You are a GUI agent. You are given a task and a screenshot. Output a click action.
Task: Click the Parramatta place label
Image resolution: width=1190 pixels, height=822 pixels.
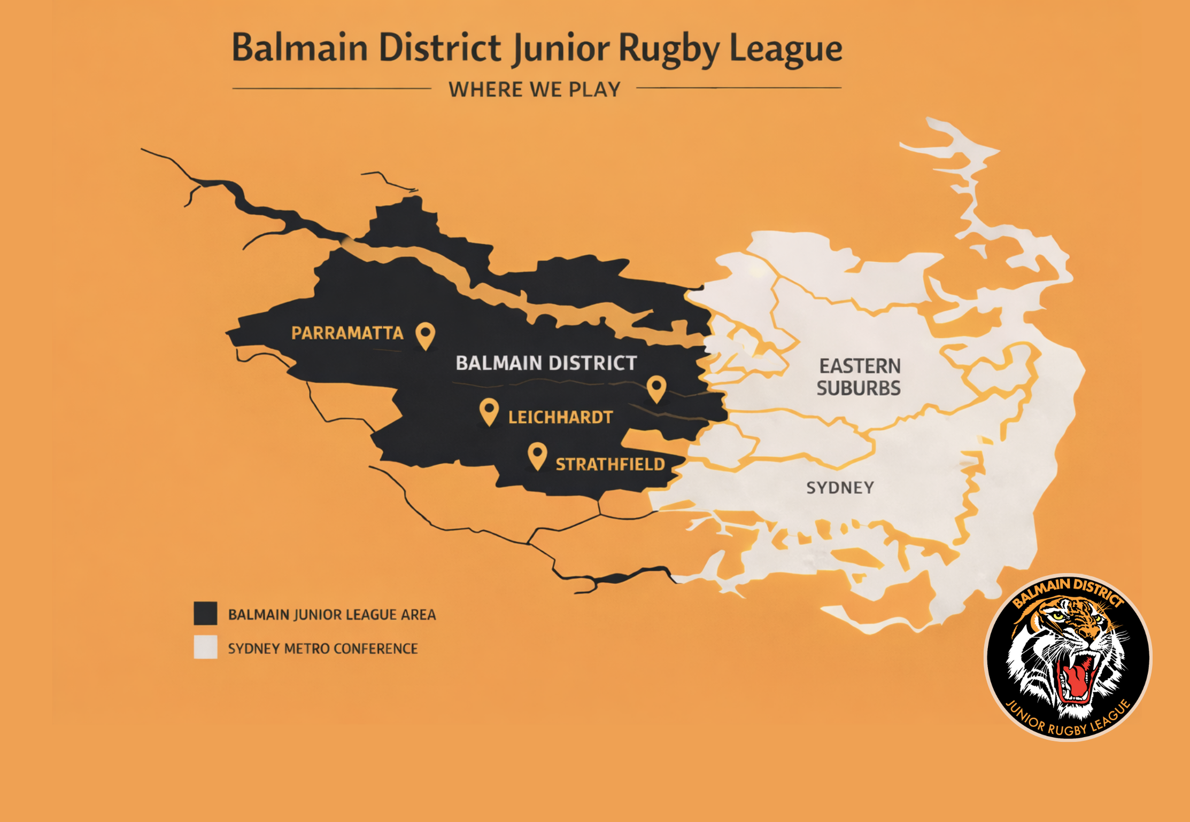[347, 333]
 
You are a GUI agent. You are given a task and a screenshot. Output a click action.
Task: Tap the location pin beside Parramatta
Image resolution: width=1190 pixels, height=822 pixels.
[426, 334]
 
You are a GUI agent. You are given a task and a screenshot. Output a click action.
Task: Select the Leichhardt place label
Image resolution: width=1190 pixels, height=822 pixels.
[560, 417]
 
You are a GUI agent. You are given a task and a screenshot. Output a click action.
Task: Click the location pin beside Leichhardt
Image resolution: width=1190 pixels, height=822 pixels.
[489, 411]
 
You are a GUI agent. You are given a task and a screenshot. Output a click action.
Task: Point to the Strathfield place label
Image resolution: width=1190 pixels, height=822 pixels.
[610, 464]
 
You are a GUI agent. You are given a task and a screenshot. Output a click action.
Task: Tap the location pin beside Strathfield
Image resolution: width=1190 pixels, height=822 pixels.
[537, 455]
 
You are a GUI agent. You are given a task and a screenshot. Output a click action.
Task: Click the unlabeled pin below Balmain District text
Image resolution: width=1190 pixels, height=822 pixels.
[656, 387]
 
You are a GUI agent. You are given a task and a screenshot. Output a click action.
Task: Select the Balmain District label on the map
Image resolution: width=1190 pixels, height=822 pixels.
[546, 363]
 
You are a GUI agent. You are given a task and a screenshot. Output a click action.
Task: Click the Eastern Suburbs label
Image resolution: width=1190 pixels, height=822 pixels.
[859, 377]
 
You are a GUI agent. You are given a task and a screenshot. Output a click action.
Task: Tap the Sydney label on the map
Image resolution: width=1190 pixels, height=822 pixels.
[840, 488]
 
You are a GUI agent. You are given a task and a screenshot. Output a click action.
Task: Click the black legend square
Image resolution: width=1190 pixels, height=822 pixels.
[205, 613]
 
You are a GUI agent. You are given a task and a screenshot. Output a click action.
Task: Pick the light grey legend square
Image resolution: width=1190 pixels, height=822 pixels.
[205, 647]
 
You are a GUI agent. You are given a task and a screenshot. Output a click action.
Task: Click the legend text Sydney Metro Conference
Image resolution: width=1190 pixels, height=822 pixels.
[322, 648]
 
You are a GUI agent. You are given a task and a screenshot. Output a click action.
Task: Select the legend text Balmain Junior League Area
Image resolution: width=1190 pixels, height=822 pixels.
[331, 615]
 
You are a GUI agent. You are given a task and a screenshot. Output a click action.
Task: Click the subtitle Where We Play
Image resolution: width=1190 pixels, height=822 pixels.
[535, 89]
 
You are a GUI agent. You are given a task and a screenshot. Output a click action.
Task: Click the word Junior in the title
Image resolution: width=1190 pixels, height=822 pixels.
[560, 49]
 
